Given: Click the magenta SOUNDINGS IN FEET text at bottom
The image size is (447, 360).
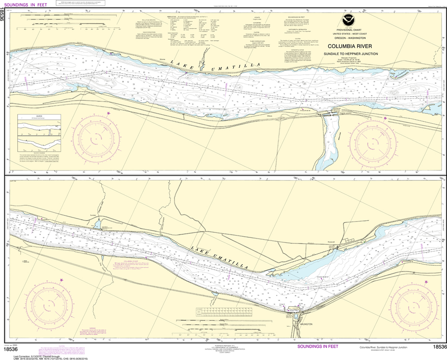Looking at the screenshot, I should tap(317, 346).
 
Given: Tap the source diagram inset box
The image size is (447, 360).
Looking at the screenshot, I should tap(37, 134).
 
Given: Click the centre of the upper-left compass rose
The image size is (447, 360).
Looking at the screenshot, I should tap(97, 140).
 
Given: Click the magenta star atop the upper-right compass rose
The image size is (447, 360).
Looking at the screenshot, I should tap(385, 118).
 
